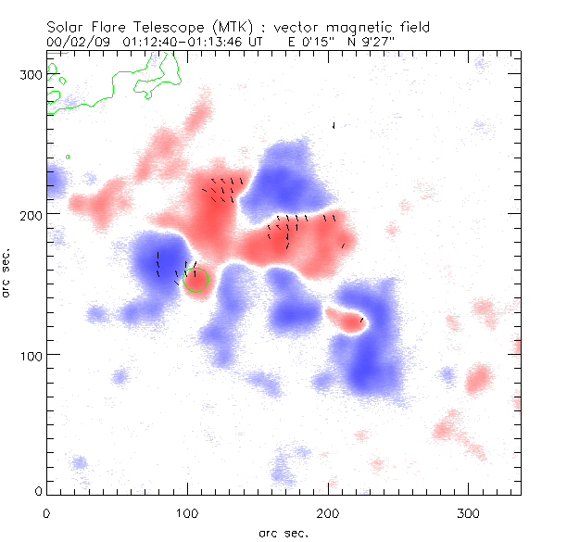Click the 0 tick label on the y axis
(x=37, y=490)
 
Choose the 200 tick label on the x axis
(x=327, y=512)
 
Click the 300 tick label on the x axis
(x=468, y=512)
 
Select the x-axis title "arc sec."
(x=283, y=533)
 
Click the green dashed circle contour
(x=196, y=281)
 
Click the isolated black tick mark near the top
(x=334, y=125)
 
